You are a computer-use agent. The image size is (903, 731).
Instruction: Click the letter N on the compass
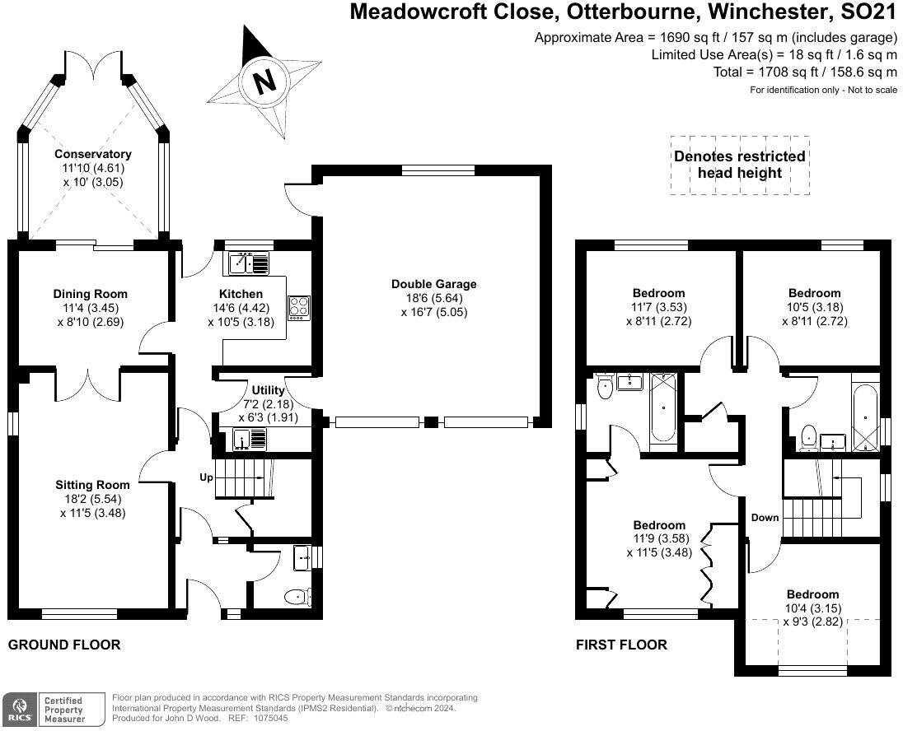pyautogui.click(x=264, y=81)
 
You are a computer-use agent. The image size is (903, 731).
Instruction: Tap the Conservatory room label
pyautogui.click(x=93, y=154)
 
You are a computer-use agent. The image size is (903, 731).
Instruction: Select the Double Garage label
pyautogui.click(x=433, y=284)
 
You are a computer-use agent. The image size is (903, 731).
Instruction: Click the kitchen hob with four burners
pyautogui.click(x=298, y=307)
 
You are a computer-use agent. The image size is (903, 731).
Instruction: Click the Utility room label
pyautogui.click(x=268, y=390)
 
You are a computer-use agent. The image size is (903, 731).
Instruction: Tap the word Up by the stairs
pyautogui.click(x=207, y=477)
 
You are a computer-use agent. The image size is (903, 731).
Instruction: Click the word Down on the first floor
pyautogui.click(x=765, y=518)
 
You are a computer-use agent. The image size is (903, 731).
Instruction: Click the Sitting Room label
pyautogui.click(x=92, y=485)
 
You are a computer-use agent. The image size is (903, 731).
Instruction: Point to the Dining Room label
pyautogui.click(x=91, y=294)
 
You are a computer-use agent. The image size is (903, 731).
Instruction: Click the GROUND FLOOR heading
pyautogui.click(x=64, y=645)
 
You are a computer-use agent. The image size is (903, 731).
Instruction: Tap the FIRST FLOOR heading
pyautogui.click(x=621, y=645)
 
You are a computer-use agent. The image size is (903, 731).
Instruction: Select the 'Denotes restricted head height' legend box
pyautogui.click(x=739, y=165)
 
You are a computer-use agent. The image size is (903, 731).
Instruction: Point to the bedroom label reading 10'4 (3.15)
pyautogui.click(x=812, y=608)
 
